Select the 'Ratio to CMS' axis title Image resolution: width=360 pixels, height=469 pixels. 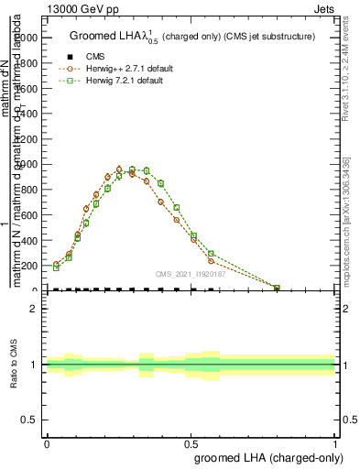(14, 365)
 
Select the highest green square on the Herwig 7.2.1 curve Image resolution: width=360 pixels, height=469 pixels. (132, 169)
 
